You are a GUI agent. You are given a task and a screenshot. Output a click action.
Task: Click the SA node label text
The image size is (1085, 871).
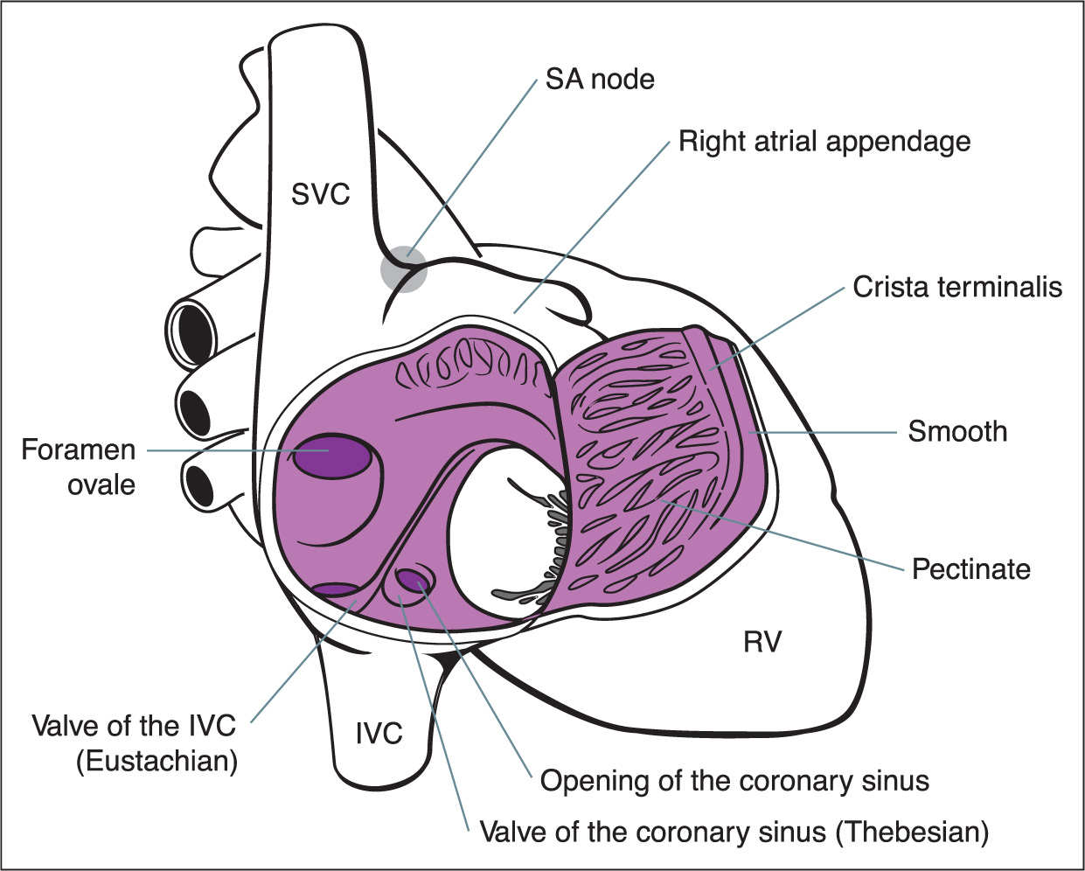[600, 80]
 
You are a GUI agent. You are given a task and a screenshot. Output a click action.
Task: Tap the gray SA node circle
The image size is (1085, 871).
[404, 268]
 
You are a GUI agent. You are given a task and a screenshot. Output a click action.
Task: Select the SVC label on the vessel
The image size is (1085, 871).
[321, 194]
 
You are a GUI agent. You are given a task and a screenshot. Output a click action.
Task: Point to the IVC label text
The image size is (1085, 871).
[379, 734]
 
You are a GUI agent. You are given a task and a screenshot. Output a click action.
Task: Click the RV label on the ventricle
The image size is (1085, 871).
[762, 642]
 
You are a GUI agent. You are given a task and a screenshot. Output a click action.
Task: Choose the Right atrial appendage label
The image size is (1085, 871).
[824, 141]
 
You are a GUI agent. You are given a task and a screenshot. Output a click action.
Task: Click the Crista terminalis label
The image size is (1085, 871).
[957, 287]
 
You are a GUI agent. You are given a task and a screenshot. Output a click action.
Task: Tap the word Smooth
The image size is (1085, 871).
[957, 432]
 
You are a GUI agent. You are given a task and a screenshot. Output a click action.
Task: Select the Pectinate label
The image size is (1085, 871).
[971, 569]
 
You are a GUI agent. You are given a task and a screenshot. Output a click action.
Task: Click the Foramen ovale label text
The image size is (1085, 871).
[79, 467]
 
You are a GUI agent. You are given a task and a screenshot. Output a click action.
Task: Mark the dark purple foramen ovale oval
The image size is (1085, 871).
[331, 456]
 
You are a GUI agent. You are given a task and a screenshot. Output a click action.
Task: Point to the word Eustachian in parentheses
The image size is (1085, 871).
[156, 761]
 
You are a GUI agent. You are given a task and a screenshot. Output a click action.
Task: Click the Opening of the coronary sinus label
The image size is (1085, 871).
[734, 781]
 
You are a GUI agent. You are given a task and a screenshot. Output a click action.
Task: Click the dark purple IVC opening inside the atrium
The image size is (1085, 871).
[335, 590]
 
